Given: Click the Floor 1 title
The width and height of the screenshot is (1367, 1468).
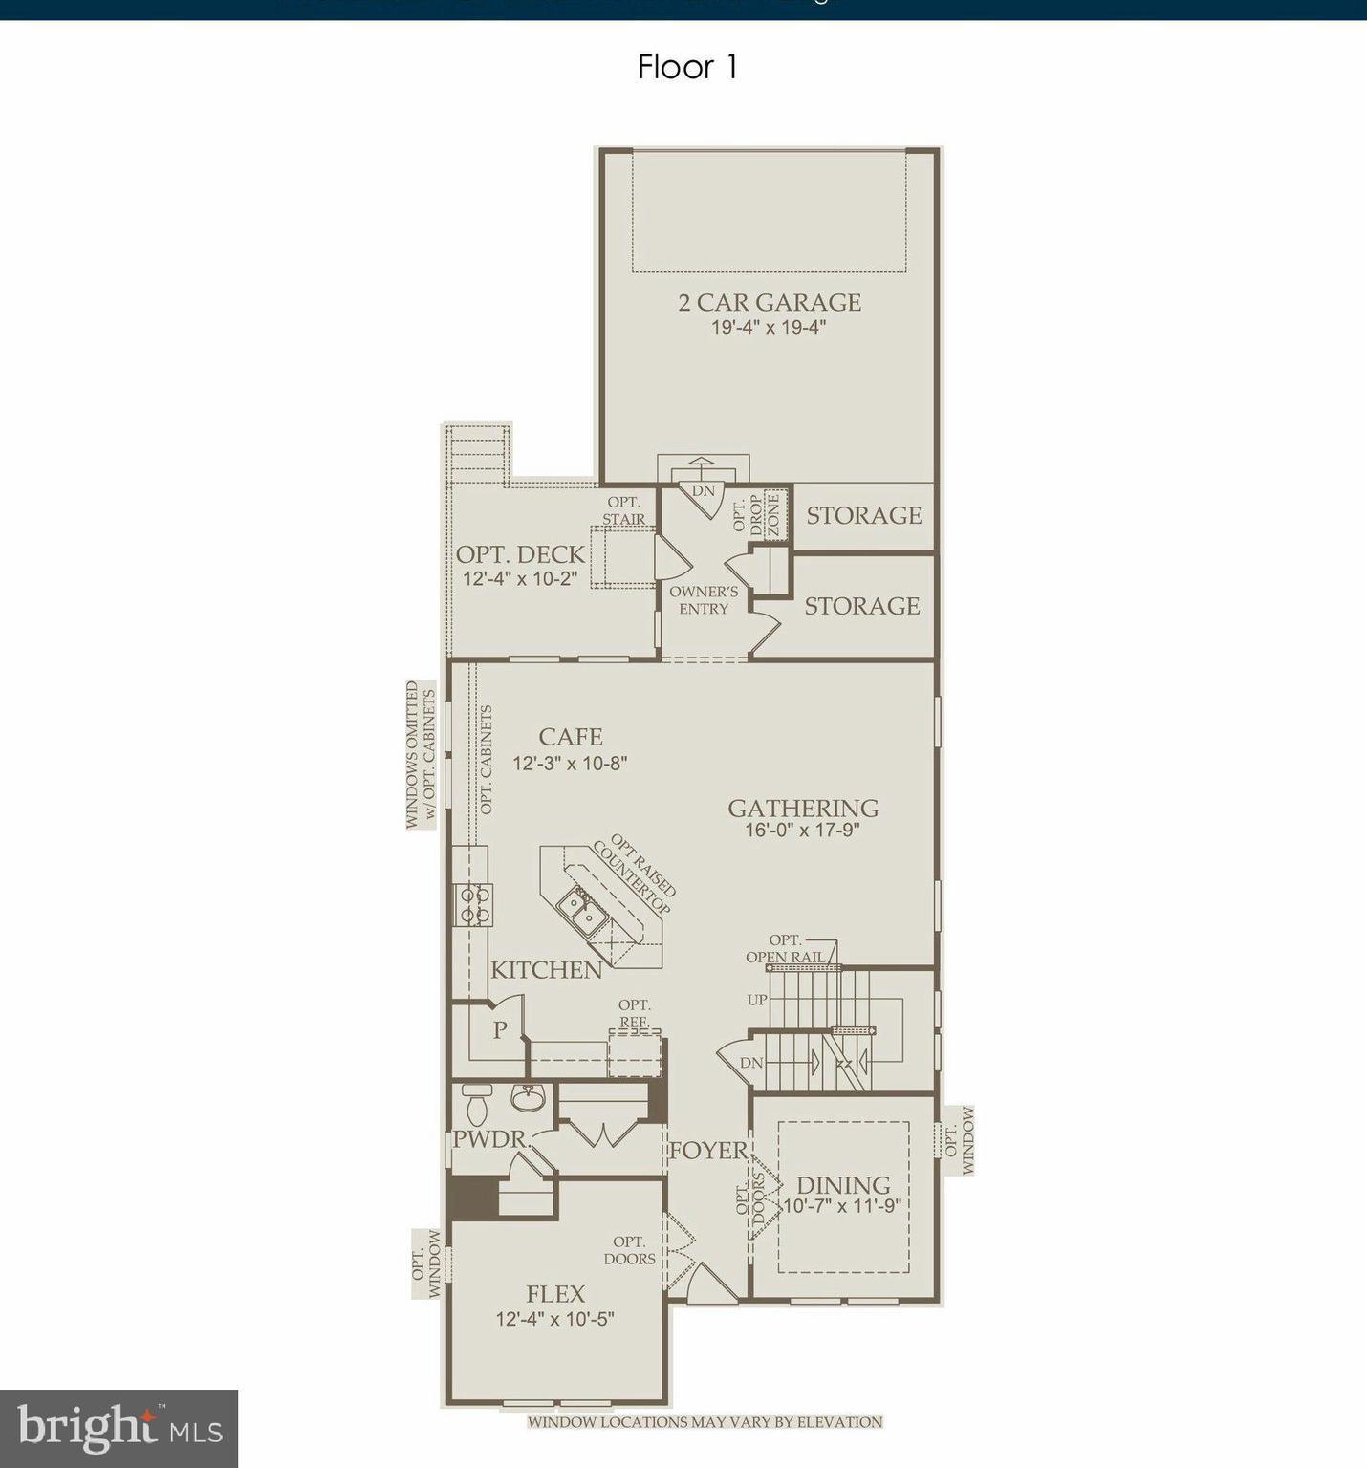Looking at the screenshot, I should [x=687, y=67].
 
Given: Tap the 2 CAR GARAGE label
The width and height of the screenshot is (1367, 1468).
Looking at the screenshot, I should [x=770, y=302].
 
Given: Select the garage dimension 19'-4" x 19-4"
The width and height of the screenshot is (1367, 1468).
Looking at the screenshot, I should [x=768, y=327].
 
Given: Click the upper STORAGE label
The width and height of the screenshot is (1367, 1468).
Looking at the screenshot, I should [x=863, y=515].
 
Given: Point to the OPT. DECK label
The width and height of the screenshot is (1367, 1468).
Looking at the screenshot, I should [x=520, y=554].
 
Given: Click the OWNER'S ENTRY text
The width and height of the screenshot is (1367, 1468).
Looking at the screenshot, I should [x=704, y=600].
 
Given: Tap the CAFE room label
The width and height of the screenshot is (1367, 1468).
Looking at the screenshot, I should [x=570, y=737].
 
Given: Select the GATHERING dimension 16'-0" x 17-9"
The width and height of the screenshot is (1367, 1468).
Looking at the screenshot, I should [x=802, y=831].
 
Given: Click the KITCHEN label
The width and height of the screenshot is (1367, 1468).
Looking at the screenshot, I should [x=546, y=970].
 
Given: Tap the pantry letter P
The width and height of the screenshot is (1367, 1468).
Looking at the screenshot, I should [x=499, y=1030].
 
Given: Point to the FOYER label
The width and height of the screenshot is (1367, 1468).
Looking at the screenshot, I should [x=707, y=1151].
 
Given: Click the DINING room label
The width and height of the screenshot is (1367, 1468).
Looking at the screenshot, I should [x=842, y=1185].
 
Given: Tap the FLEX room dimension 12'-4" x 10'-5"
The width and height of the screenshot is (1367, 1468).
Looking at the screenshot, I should [x=554, y=1319].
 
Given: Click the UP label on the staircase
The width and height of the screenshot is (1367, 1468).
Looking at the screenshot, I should [x=757, y=1000].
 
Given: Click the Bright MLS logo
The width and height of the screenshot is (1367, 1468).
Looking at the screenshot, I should [x=119, y=1428].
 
